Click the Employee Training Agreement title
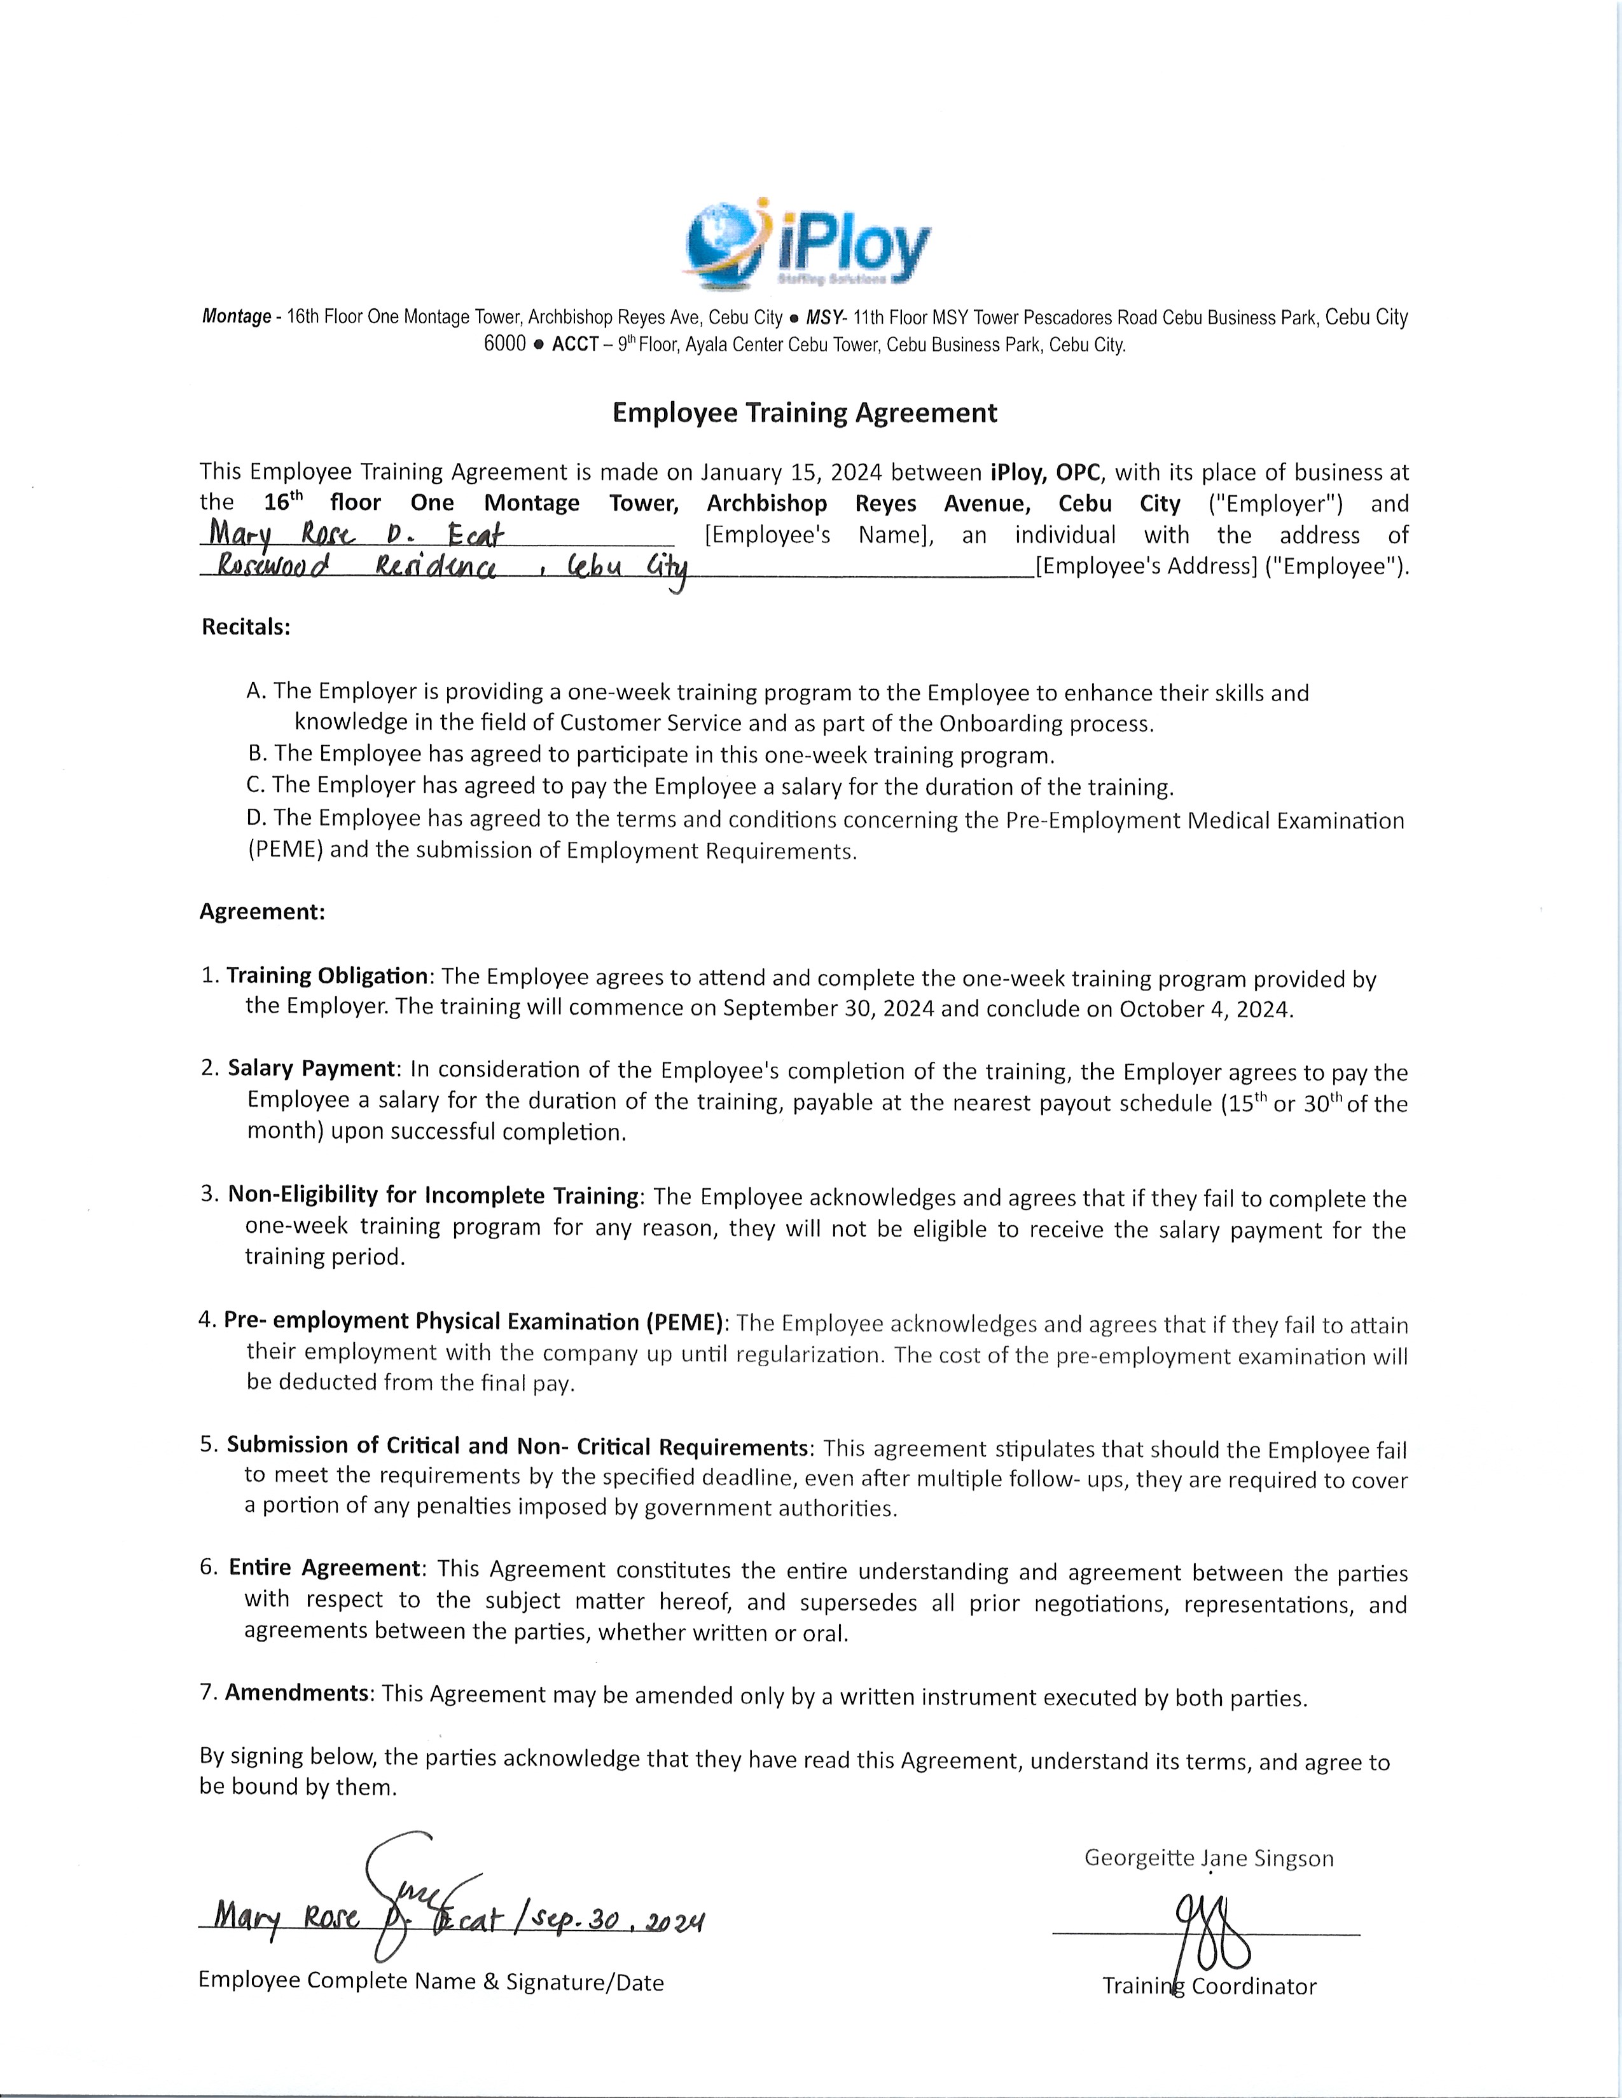point(805,413)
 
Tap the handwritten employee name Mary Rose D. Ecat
point(356,533)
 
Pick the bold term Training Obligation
point(327,976)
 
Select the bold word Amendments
point(298,1692)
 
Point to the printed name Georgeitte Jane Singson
point(1209,1858)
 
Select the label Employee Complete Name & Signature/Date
point(431,1981)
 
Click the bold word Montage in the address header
point(237,317)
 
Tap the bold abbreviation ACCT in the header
point(576,345)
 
